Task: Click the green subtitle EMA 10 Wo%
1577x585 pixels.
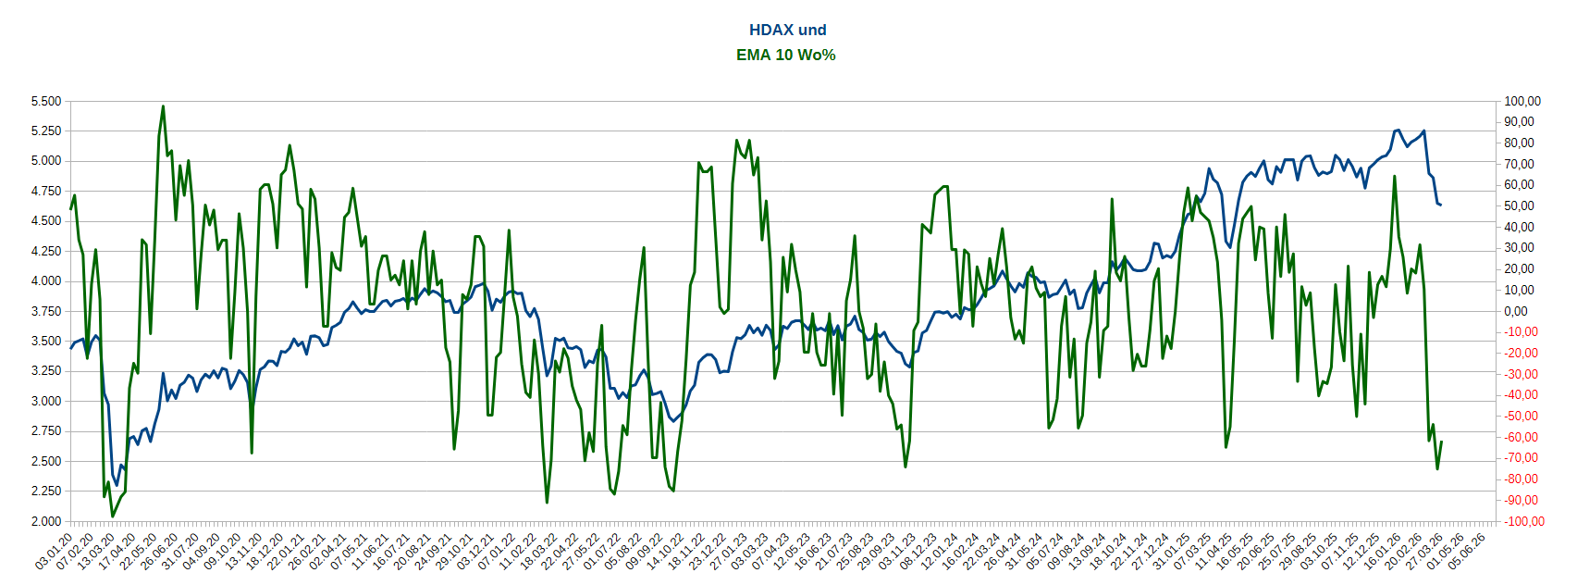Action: tap(786, 55)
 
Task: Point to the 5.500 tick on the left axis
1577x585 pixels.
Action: tap(45, 101)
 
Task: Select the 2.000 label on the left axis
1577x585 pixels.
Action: tap(45, 521)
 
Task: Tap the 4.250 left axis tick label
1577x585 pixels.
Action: tap(45, 251)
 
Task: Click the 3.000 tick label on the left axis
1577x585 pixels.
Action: tap(45, 401)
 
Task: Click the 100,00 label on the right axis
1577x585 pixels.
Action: tap(1522, 101)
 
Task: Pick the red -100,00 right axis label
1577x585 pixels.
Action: tap(1521, 521)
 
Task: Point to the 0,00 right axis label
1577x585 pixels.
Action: tap(1516, 311)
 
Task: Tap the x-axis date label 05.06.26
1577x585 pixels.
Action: tap(1467, 551)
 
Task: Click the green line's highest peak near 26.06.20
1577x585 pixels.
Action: tap(163, 106)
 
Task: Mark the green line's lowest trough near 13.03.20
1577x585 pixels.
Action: tap(113, 516)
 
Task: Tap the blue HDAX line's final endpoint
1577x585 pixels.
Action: tap(1441, 205)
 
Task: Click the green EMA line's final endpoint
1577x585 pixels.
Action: tap(1441, 442)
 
